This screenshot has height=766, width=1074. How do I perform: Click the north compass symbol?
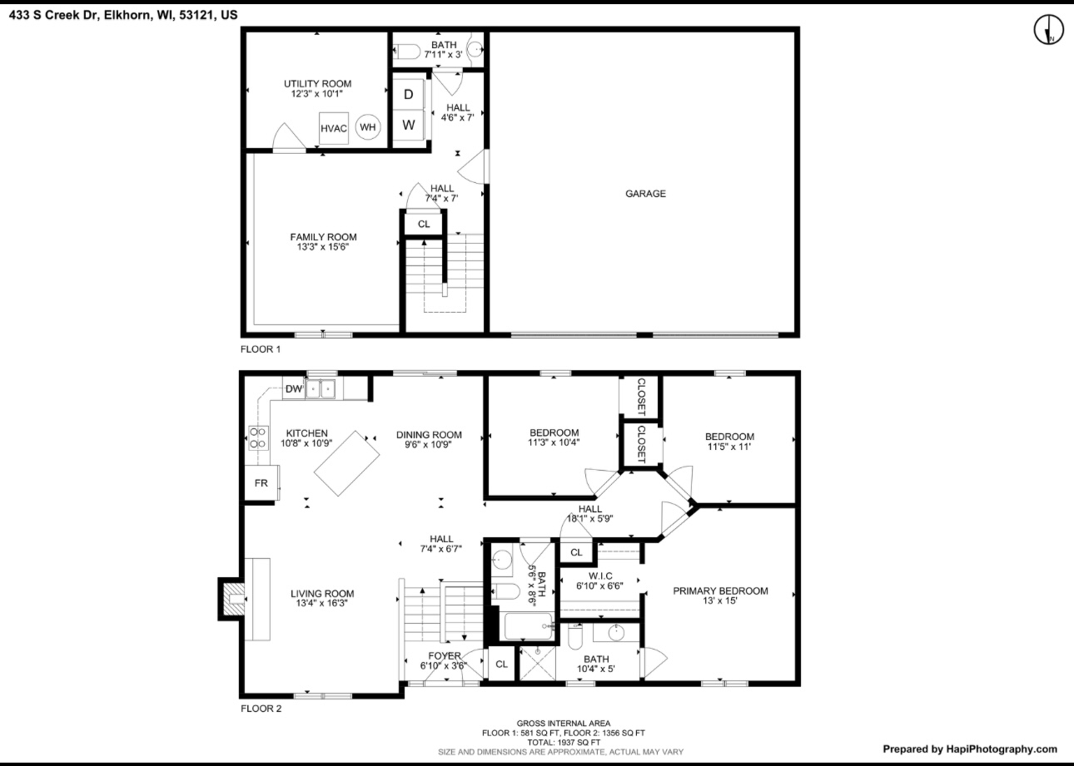pyautogui.click(x=1048, y=29)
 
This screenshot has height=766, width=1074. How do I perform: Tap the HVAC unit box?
pyautogui.click(x=334, y=128)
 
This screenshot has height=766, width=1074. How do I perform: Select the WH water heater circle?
pyautogui.click(x=368, y=127)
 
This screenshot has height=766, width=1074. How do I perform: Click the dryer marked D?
pyautogui.click(x=409, y=94)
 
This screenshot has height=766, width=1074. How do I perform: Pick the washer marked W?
pyautogui.click(x=409, y=125)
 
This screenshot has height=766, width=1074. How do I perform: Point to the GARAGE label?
pyautogui.click(x=645, y=194)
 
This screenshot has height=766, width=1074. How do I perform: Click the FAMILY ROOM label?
pyautogui.click(x=323, y=237)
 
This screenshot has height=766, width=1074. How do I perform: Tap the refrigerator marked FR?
pyautogui.click(x=261, y=483)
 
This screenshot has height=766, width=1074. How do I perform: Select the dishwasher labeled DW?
pyautogui.click(x=294, y=388)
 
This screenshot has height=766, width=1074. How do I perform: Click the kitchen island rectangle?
pyautogui.click(x=346, y=463)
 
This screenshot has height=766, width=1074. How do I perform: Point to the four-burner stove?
pyautogui.click(x=258, y=437)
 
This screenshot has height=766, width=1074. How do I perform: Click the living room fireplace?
pyautogui.click(x=232, y=599)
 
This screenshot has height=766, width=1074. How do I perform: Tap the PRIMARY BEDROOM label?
pyautogui.click(x=720, y=591)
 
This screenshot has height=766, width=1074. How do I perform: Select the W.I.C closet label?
pyautogui.click(x=600, y=576)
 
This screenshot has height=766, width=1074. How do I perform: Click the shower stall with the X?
pyautogui.click(x=538, y=663)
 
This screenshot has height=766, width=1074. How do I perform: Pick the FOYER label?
pyautogui.click(x=445, y=656)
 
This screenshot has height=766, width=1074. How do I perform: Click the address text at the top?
pyautogui.click(x=123, y=15)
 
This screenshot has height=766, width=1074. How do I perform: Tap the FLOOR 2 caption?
pyautogui.click(x=261, y=709)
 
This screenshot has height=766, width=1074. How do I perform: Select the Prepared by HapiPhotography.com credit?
pyautogui.click(x=970, y=749)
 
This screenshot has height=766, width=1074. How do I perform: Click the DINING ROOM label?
pyautogui.click(x=429, y=435)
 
